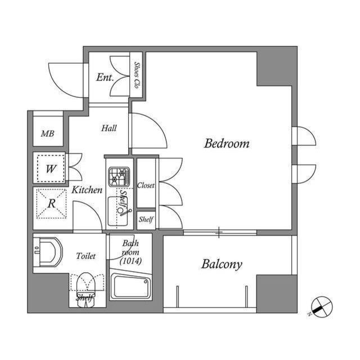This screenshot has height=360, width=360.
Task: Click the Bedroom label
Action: pyautogui.click(x=227, y=144)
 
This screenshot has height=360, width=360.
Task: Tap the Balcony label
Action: pyautogui.click(x=222, y=264)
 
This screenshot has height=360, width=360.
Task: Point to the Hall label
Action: pyautogui.click(x=109, y=128)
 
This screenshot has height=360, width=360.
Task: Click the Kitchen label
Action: pyautogui.click(x=87, y=190)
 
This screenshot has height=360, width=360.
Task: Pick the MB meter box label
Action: pyautogui.click(x=48, y=134)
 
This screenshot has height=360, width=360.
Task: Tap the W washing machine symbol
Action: pyautogui.click(x=50, y=168)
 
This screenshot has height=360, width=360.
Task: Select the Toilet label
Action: pyautogui.click(x=86, y=256)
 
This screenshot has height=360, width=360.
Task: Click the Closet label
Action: pyautogui.click(x=146, y=185)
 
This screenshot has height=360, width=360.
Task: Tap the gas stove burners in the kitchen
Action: pyautogui.click(x=119, y=177)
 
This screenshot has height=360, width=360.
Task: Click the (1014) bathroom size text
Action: pyautogui.click(x=131, y=260)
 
